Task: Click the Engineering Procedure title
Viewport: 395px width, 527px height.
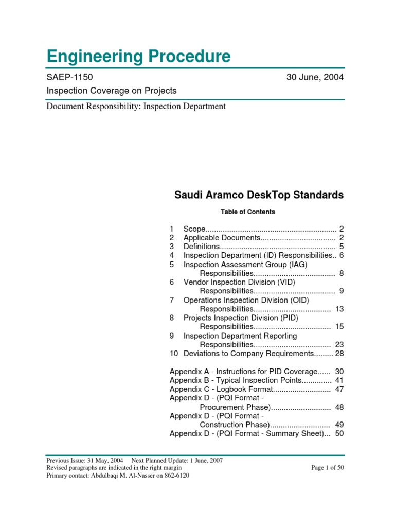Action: point(138,56)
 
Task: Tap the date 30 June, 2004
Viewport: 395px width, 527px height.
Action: point(315,77)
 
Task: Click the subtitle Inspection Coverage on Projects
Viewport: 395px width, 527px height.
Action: point(111,91)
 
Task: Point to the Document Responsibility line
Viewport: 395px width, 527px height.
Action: point(136,107)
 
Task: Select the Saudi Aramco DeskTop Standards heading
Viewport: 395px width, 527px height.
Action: point(259,195)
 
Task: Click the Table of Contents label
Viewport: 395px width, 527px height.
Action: point(247,212)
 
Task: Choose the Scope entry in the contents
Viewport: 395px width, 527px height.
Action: point(194,229)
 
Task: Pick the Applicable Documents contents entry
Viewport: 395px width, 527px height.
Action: point(222,237)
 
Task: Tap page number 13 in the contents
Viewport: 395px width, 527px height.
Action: point(339,309)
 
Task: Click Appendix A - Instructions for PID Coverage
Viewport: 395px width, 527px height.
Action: point(250,371)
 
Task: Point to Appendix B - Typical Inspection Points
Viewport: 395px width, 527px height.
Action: point(250,380)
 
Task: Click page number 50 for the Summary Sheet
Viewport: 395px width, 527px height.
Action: point(339,433)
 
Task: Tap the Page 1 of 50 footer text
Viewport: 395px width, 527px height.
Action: point(328,467)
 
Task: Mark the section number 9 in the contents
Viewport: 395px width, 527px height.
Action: point(172,336)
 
